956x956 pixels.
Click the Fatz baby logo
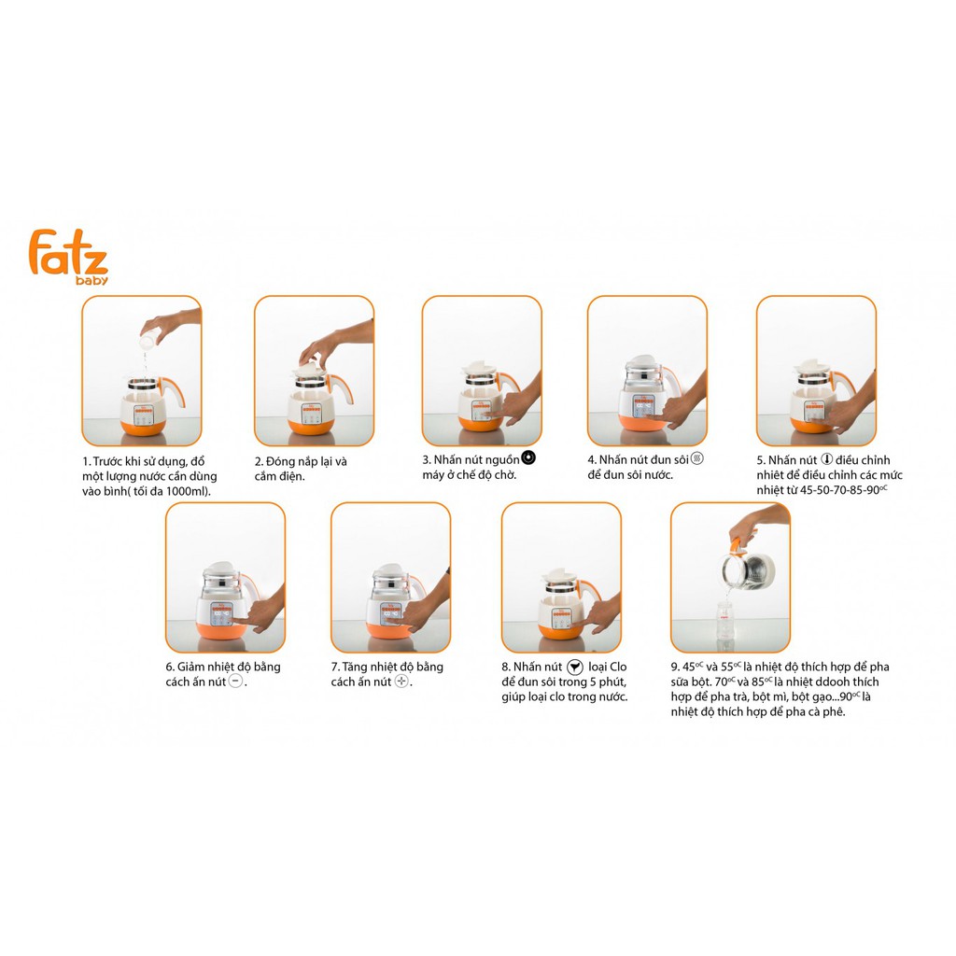(x=68, y=255)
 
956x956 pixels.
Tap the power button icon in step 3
(x=528, y=457)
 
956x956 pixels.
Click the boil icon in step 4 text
(x=696, y=458)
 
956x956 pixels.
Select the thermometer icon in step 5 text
(x=826, y=459)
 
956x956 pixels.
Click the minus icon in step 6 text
(x=235, y=682)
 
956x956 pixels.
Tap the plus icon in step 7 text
(x=401, y=682)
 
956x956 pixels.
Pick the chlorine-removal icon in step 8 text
(x=575, y=667)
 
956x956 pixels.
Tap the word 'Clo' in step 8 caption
(x=617, y=667)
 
